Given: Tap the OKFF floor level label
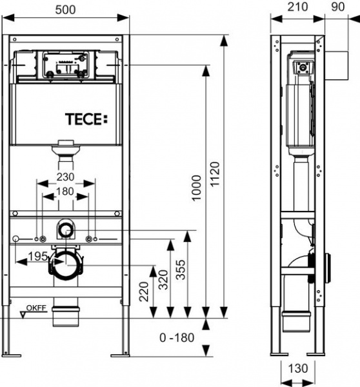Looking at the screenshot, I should [x=36, y=307].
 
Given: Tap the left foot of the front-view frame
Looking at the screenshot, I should [x=15, y=352].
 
